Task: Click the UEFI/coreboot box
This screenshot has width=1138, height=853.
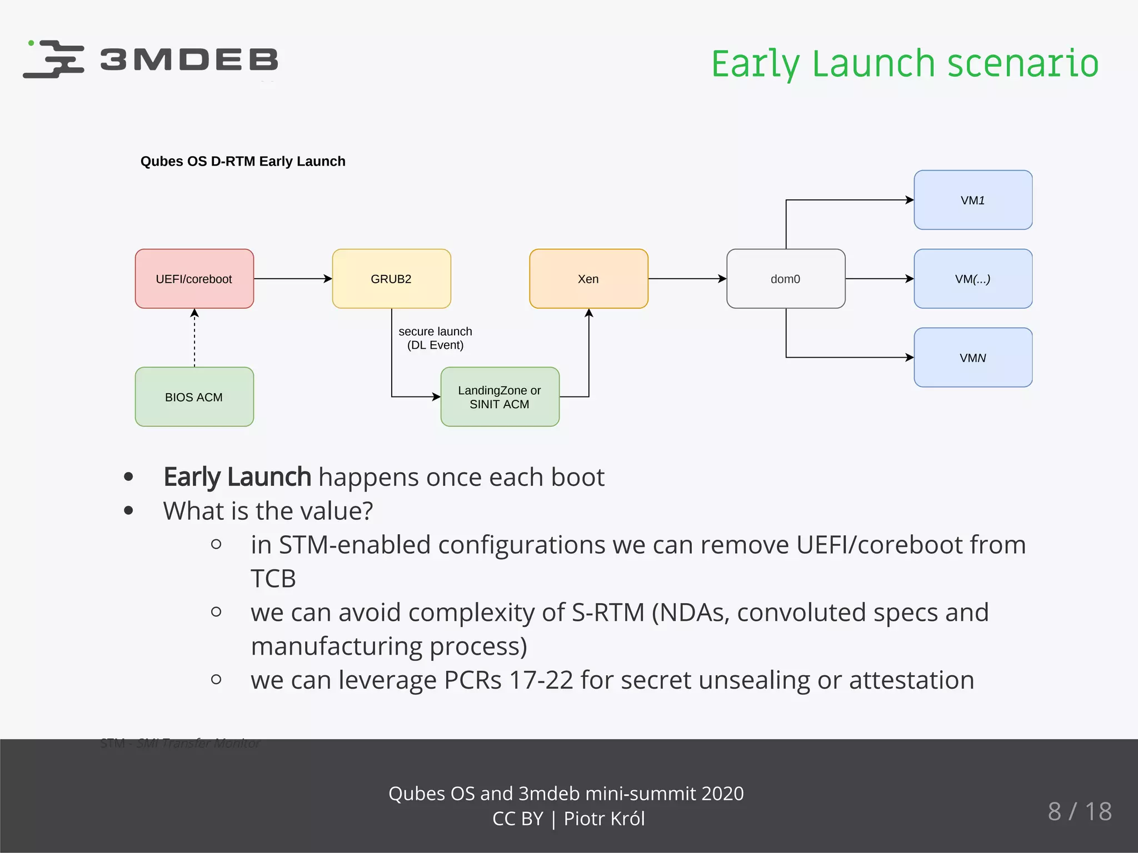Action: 194,279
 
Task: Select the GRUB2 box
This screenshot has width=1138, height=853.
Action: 391,279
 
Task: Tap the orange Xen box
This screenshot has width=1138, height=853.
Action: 588,279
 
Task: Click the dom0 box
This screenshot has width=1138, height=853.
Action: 786,279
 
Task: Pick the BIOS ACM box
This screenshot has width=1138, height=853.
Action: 194,397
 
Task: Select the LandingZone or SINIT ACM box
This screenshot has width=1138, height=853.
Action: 500,397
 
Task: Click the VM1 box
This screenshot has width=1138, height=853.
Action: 973,200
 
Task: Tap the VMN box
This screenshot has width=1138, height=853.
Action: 973,358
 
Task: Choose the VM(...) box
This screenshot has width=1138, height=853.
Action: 973,279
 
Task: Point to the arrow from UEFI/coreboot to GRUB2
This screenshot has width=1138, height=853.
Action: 293,279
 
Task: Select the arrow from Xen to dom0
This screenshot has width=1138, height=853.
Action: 687,279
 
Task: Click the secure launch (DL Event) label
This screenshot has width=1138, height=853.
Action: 435,338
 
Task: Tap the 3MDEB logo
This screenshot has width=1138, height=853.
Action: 151,59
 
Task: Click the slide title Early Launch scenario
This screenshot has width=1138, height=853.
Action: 905,63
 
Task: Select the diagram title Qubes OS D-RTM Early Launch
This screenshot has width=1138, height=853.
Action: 243,162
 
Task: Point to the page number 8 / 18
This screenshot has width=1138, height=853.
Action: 1079,811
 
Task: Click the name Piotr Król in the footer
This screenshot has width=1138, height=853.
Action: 604,819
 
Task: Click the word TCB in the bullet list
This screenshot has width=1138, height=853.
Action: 273,579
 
